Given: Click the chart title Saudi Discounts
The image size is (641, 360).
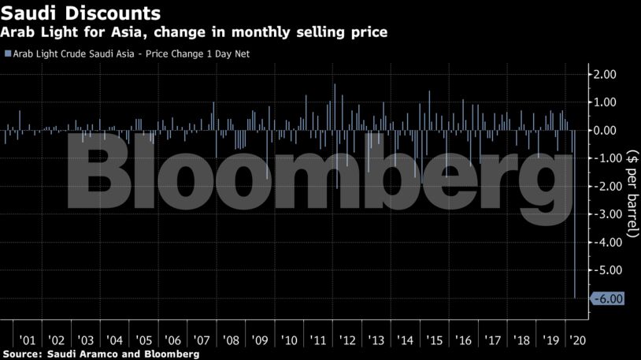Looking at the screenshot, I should point(81,13).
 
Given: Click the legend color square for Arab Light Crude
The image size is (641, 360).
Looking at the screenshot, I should point(8,54).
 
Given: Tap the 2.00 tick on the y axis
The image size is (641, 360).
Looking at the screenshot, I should point(607,74).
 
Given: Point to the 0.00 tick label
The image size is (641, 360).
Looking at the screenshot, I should point(607,130).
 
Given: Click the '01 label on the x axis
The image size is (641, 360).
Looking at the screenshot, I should point(27,340).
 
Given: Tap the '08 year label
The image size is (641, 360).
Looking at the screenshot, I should point(231,340).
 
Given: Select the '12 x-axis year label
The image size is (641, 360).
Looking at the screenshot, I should point(347,340).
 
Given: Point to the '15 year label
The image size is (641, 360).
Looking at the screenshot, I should point(434,340).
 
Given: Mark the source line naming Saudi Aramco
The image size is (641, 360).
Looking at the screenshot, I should point(100,354).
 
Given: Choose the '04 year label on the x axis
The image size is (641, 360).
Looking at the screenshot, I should point(114,340).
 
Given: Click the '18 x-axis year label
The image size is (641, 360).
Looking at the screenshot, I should point(521,340).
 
